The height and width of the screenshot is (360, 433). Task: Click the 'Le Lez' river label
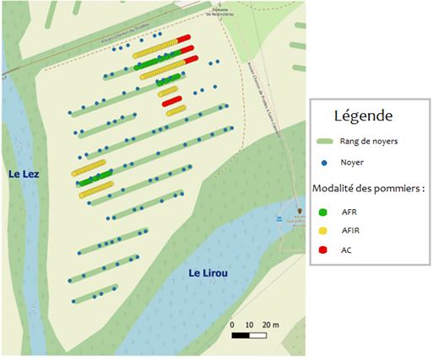click(25, 174)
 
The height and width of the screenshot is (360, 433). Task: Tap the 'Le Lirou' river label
click(207, 272)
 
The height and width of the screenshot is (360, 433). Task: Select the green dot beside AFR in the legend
click(325, 210)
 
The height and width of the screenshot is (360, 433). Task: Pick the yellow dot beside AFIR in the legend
click(325, 229)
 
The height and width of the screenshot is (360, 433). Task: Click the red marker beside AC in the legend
click(325, 249)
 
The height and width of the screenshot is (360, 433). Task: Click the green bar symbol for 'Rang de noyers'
click(325, 141)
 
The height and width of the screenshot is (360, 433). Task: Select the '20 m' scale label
click(271, 325)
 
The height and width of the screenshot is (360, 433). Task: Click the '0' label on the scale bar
click(233, 325)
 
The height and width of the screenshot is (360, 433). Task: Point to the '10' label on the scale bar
click(250, 325)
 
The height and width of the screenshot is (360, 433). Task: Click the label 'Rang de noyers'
click(368, 141)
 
